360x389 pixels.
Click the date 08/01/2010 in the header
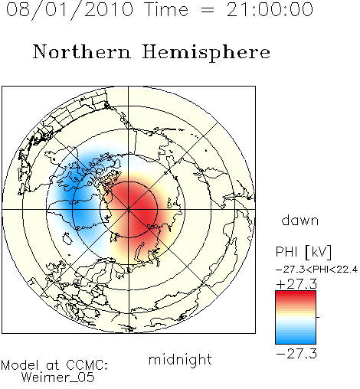pos(70,10)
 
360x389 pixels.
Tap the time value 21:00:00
pos(270,9)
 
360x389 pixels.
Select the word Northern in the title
pos(82,51)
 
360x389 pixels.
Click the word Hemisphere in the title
pos(206,53)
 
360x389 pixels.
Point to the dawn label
pos(300,220)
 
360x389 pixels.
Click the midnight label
pos(180,360)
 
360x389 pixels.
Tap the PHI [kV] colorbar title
pos(303,252)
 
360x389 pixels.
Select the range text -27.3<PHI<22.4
pos(316,270)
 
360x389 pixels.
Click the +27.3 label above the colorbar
pos(296,284)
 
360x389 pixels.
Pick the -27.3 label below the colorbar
pos(296,354)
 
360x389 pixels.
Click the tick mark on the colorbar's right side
pos(318,317)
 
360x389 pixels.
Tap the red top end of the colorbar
pos(296,293)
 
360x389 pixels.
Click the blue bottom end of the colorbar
pos(296,342)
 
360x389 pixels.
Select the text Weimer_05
pos(57,378)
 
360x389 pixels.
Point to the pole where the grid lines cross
pos(128,210)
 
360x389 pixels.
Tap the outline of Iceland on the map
pos(67,239)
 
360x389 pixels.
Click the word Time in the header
pos(166,9)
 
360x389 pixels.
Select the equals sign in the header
pos(208,11)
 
